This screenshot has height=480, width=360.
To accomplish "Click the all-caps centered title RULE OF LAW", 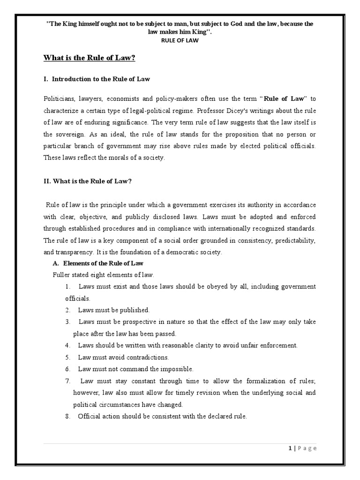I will [x=180, y=40].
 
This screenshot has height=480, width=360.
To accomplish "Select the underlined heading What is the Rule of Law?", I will [x=89, y=58].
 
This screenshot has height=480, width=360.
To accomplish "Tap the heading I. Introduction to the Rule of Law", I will [x=97, y=79].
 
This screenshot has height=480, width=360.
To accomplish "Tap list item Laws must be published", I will [x=114, y=310].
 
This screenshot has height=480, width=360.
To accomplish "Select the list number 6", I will [x=67, y=368].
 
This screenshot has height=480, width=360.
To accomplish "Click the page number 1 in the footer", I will [x=291, y=449].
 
